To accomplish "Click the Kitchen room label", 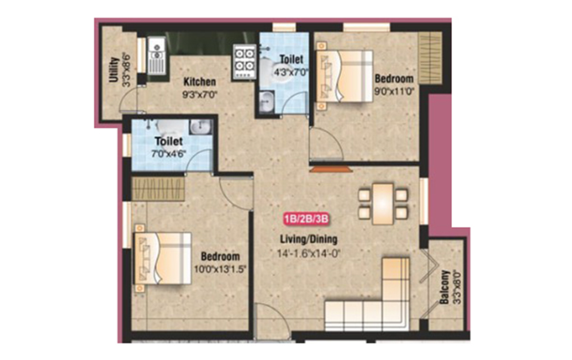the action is pos(199,81).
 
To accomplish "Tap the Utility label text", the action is pos(114,70).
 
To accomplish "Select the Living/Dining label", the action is pos(309,240).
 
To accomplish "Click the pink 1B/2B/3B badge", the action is pos(306,219).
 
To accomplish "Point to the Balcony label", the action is pos(444,287).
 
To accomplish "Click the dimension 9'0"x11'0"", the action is pos(395,91).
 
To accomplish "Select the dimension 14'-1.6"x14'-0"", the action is pos(309,253).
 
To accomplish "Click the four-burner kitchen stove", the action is pos(245,61).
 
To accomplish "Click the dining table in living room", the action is pos(383,204).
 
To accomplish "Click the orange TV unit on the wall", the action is pos(332,169).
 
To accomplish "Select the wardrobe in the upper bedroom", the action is pos(430,58).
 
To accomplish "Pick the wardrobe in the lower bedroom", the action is pos(158,189).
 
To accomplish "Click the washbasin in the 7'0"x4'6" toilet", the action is pos(200,127).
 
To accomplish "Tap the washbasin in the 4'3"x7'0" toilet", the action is pos(268,102).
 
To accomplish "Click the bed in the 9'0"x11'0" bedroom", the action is pos(344,76).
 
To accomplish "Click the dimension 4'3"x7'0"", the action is pos(291,72).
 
